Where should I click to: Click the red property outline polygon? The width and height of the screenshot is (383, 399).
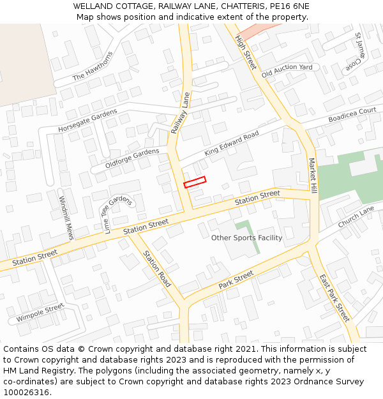[x=195, y=182]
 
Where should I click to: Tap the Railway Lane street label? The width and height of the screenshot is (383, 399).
[x=181, y=113]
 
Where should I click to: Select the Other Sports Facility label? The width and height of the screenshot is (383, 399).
[x=246, y=237]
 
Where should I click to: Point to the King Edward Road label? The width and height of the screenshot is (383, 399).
[x=231, y=144]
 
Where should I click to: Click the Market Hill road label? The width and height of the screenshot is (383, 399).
[x=313, y=176]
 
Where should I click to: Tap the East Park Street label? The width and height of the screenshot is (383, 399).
[x=334, y=297]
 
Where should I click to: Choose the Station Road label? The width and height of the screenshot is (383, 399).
[x=156, y=268]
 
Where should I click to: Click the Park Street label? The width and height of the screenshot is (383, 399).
[x=236, y=280]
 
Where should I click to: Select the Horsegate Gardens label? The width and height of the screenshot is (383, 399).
[x=87, y=120]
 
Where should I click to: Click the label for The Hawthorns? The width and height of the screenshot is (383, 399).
[x=93, y=66]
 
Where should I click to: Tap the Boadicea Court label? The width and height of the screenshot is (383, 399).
[x=352, y=115]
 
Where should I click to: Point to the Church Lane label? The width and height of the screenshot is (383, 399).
[x=356, y=218]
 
